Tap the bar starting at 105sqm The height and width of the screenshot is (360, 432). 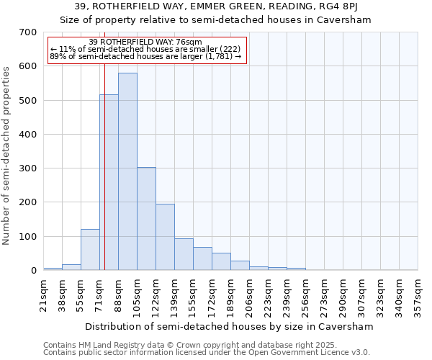tap(146, 219)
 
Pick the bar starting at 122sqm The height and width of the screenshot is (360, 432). tap(165, 237)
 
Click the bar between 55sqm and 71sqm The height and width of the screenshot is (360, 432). tap(90, 250)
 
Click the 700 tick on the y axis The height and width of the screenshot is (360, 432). tap(28, 32)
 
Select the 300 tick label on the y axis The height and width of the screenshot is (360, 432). tap(28, 168)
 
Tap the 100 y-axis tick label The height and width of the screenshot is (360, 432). tap(28, 237)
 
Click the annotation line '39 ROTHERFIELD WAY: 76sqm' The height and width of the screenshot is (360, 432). tap(146, 42)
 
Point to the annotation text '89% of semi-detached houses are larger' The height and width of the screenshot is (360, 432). tap(146, 56)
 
